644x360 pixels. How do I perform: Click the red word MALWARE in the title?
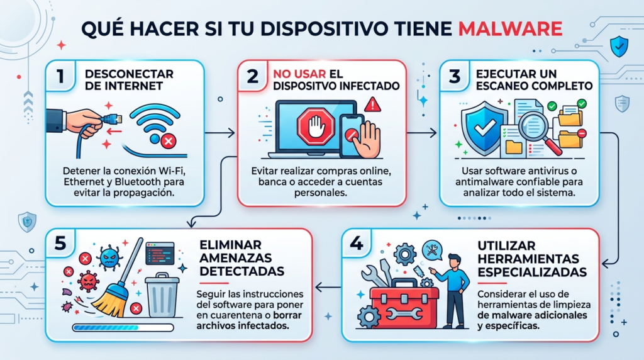click(510, 30)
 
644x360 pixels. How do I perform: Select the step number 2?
click(252, 77)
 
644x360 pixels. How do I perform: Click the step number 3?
click(455, 77)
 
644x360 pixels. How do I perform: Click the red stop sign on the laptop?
click(311, 129)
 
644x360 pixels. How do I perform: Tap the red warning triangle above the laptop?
click(375, 103)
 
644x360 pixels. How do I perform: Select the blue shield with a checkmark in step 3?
click(484, 129)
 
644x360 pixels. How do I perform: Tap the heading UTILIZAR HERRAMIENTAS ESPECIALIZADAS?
click(532, 257)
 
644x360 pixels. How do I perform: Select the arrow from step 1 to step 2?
click(221, 133)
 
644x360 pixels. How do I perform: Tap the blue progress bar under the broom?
click(123, 327)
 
